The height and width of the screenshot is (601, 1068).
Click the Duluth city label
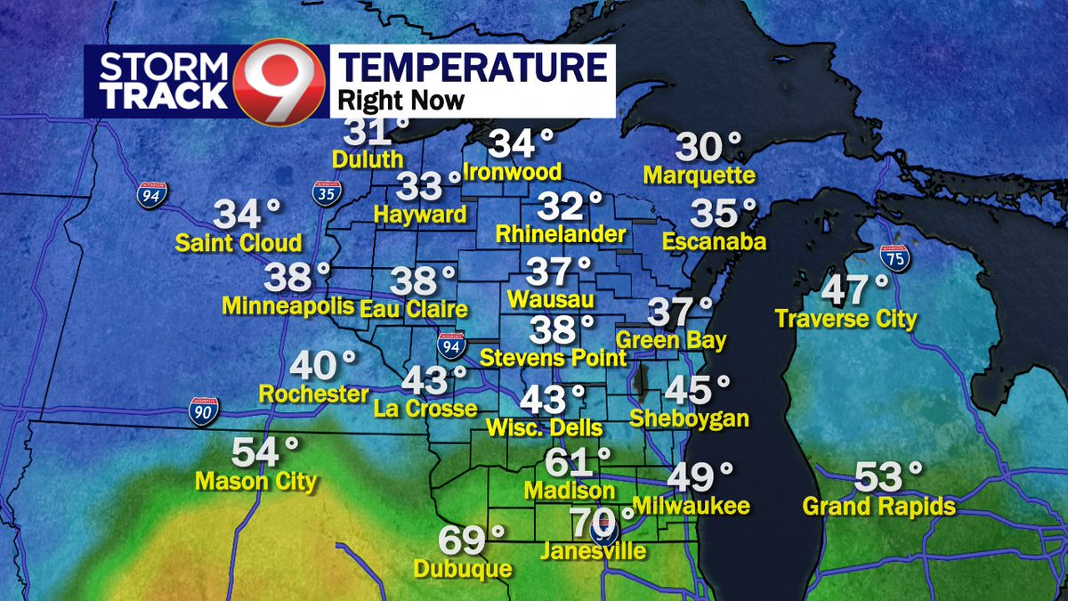(368, 160)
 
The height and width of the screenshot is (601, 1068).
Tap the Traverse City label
(845, 318)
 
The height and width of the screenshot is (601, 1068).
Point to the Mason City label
(256, 482)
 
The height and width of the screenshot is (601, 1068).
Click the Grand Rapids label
(878, 507)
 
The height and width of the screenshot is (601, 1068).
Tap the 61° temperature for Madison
(575, 462)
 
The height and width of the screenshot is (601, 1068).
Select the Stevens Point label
(553, 358)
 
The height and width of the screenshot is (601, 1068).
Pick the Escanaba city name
(715, 241)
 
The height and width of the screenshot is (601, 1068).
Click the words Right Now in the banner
(403, 99)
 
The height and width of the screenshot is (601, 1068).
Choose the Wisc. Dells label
(545, 428)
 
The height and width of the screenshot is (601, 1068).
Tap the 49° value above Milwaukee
(699, 478)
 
